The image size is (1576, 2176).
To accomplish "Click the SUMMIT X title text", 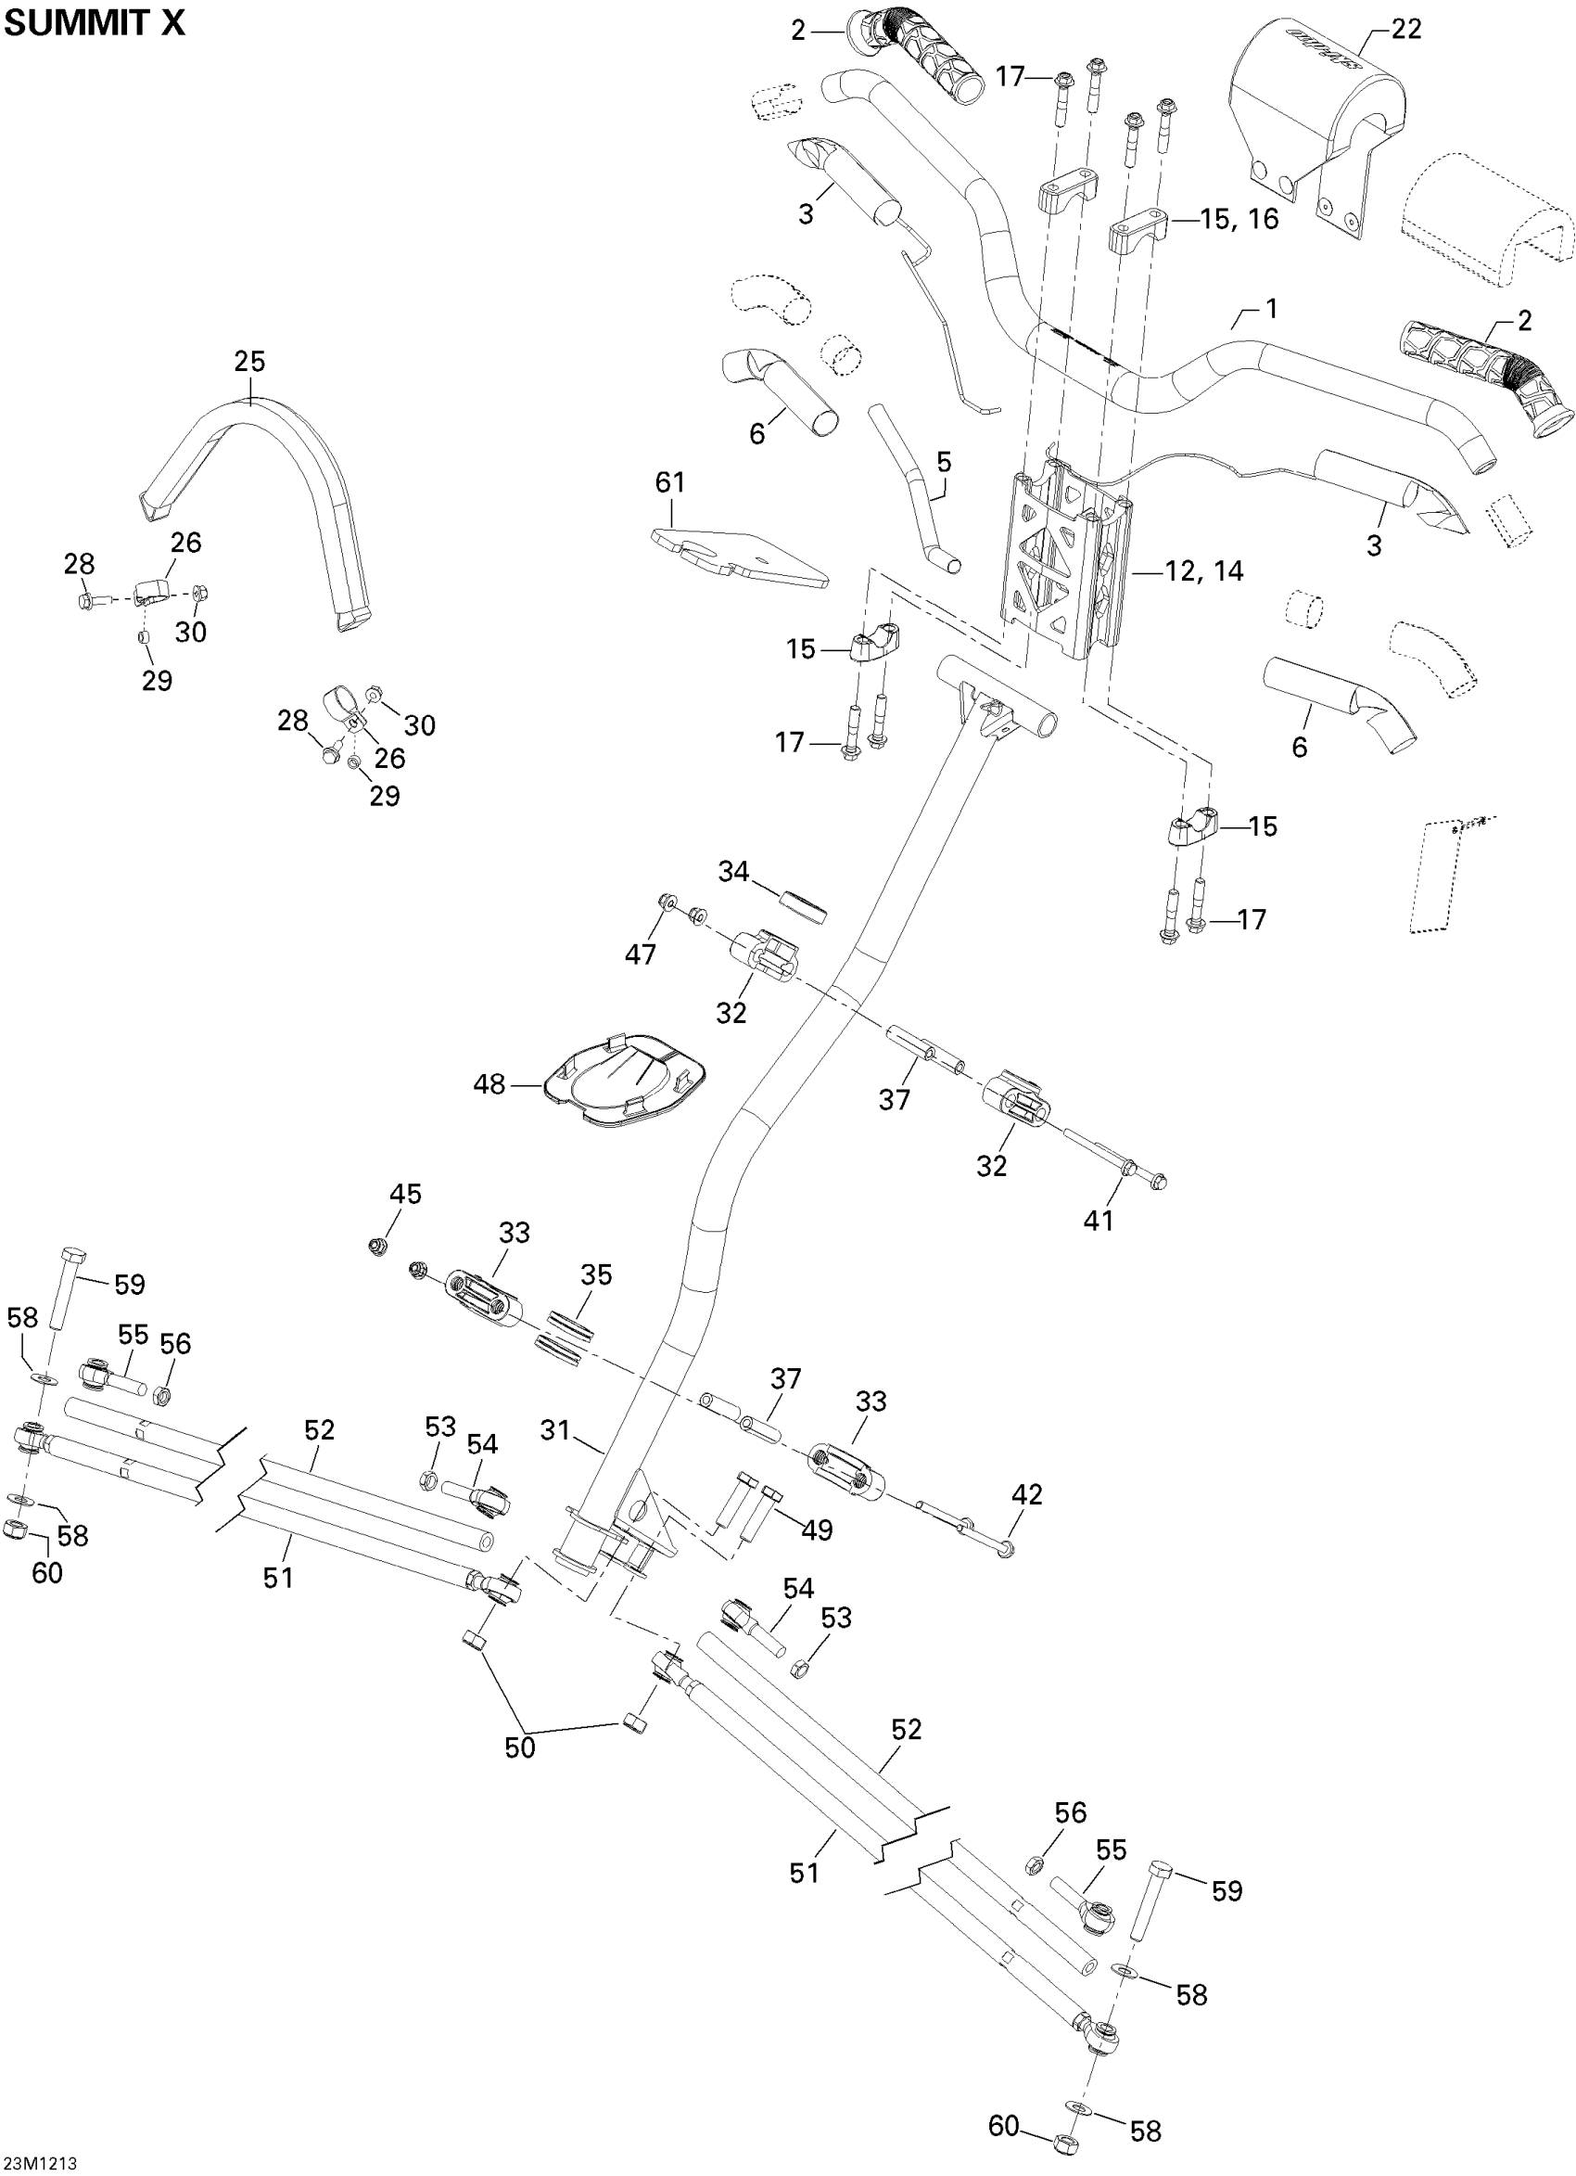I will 94,23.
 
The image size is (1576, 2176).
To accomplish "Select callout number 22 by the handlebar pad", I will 1405,30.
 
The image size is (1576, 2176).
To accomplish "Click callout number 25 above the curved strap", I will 249,362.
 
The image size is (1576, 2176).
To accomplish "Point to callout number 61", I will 669,481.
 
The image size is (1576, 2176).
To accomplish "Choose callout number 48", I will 489,1085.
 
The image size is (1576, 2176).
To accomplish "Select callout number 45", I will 405,1194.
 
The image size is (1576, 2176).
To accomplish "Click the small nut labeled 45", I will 378,1247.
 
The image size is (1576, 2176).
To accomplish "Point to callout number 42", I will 1026,1495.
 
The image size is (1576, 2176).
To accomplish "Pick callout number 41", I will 1099,1221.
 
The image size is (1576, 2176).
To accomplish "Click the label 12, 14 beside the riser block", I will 1203,571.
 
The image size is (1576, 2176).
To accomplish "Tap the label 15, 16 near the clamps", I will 1239,220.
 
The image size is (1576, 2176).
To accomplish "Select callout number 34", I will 734,871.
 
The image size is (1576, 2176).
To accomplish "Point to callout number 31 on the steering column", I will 555,1430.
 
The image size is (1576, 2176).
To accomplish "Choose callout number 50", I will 520,1747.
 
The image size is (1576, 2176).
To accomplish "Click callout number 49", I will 817,1530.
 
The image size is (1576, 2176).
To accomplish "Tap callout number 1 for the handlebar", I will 1271,309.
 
